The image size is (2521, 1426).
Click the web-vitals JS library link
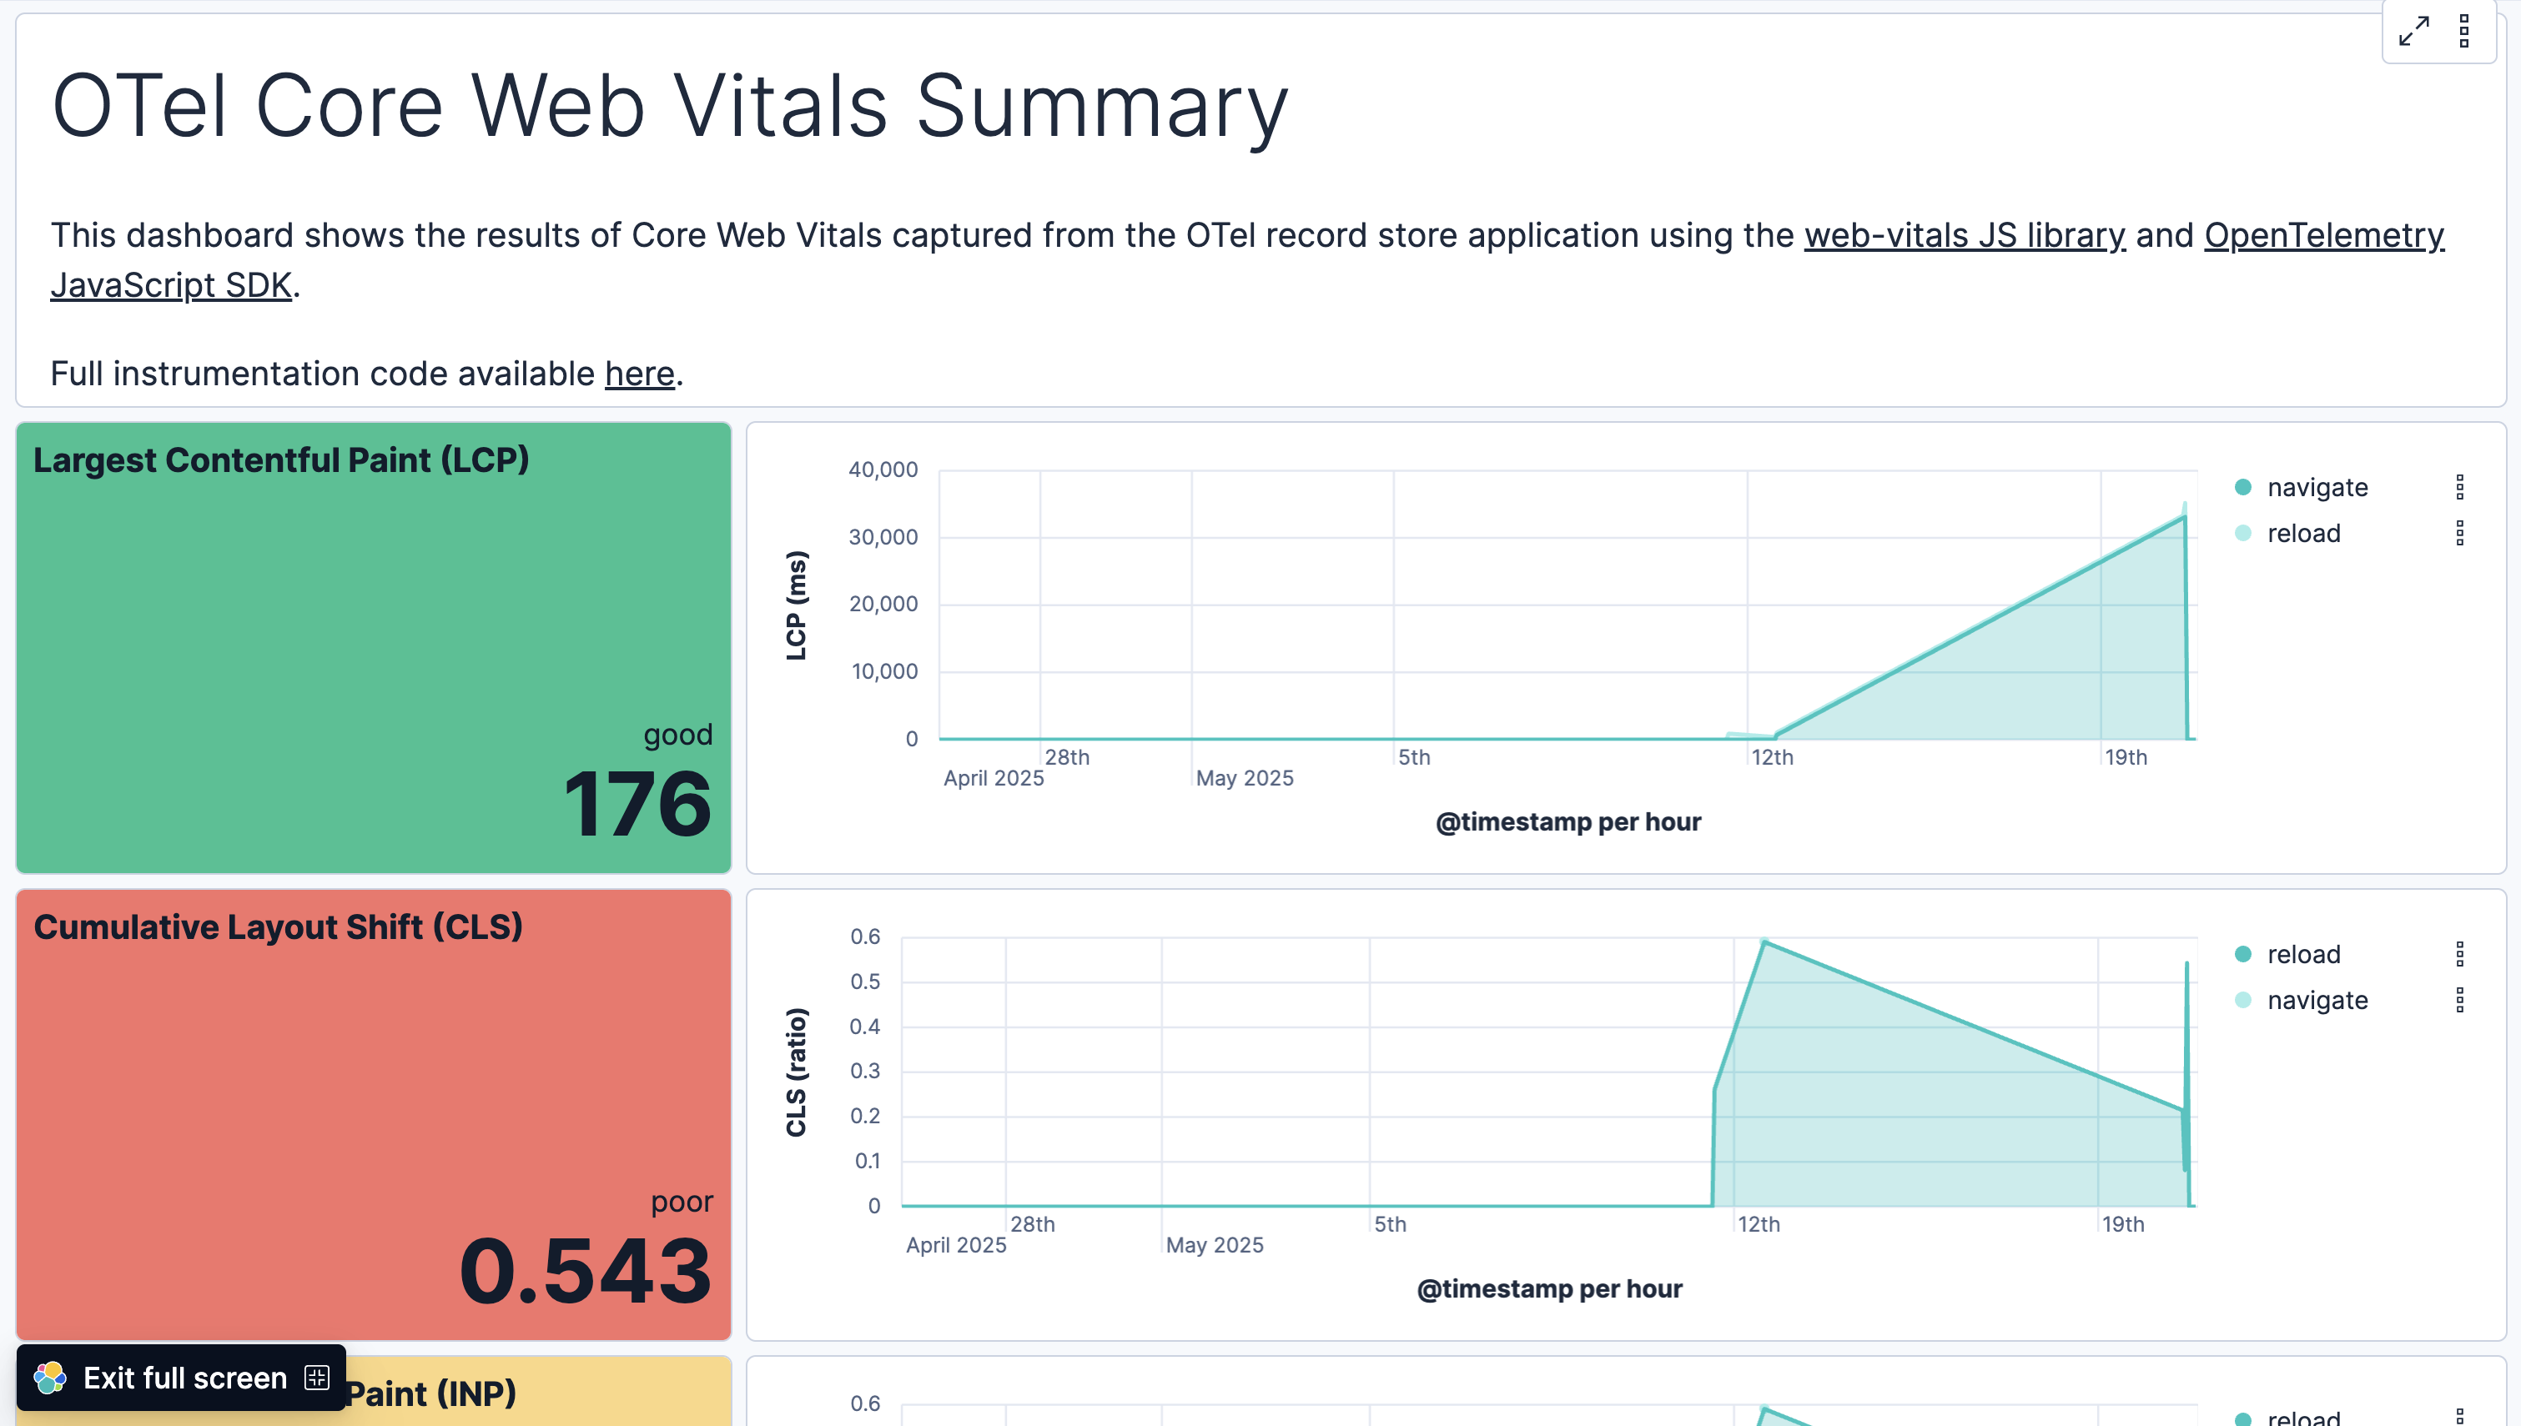(1964, 236)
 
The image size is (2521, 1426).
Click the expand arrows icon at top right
(2413, 32)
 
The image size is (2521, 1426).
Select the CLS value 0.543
(585, 1271)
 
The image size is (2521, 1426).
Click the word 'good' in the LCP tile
(677, 735)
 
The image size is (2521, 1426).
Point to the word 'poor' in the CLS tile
(682, 1202)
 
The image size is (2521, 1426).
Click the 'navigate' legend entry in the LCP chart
(2317, 488)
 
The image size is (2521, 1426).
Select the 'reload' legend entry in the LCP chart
(2302, 534)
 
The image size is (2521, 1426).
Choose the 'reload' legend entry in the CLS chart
(2302, 955)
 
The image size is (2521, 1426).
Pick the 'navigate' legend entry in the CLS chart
(2317, 1001)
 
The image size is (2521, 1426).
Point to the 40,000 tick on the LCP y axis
(883, 470)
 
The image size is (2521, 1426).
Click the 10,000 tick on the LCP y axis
(883, 672)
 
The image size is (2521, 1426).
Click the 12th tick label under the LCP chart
(1772, 758)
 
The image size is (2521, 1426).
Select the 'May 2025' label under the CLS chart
(1215, 1246)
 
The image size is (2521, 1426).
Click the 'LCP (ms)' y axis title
(797, 605)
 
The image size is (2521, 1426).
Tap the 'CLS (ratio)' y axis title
(797, 1072)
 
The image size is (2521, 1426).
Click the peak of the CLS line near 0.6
(1764, 942)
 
